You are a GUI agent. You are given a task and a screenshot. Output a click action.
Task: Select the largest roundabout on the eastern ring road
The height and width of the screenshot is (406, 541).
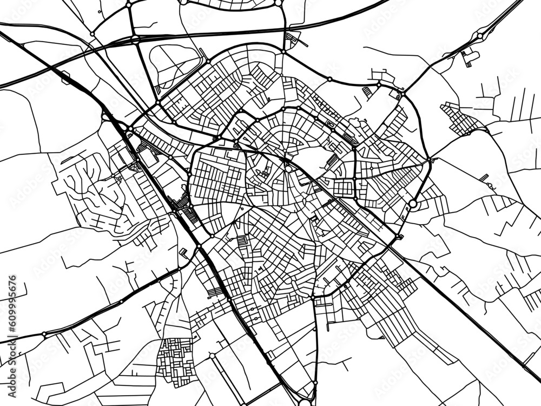pos(413,204)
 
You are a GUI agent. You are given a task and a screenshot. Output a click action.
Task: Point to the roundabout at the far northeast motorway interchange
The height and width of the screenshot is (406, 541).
pos(479,36)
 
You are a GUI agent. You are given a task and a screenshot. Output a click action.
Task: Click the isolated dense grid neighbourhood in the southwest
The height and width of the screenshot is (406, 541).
pos(176,357)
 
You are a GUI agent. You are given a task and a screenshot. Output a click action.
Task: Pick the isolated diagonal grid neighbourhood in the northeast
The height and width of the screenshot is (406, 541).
pos(460,119)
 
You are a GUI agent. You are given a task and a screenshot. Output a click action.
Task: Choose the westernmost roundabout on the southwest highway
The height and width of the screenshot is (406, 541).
pos(44,335)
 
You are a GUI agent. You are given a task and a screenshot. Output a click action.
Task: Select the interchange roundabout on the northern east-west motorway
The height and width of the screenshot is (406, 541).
pos(134,39)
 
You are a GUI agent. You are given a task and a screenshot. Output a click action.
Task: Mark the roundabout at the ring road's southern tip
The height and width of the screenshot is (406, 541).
pos(313,297)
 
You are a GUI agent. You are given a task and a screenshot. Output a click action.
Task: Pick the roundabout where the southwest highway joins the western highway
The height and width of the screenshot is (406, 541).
pos(199,247)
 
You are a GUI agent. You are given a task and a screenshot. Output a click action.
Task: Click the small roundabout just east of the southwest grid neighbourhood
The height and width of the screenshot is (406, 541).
pos(213,356)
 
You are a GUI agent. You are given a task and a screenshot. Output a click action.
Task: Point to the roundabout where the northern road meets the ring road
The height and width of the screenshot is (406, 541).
pos(282,51)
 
